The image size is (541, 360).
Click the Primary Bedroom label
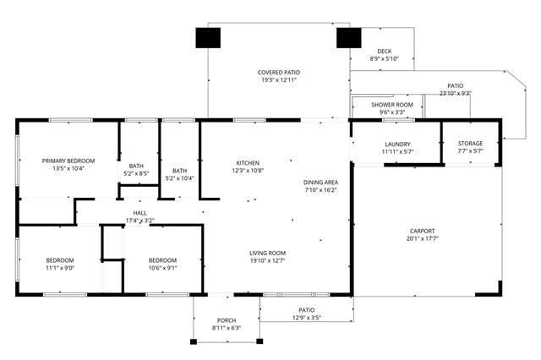[x=68, y=161]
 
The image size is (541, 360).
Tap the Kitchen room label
[x=248, y=163]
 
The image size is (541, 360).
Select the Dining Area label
[x=320, y=183]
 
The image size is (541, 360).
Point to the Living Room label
[x=267, y=254]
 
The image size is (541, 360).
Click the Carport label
[x=423, y=231]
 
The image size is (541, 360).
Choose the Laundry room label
[x=397, y=145]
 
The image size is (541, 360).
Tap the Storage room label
[x=470, y=144]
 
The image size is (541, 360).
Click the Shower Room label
[x=392, y=105]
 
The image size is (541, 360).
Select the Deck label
[x=385, y=52]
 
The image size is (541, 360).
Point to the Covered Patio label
[x=279, y=73]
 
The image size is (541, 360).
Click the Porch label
[x=227, y=320]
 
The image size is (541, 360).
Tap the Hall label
[x=139, y=213]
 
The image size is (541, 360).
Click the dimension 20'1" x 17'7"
[x=423, y=238]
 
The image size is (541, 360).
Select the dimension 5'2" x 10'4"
[x=179, y=178]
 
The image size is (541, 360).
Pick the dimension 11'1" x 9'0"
[x=60, y=268]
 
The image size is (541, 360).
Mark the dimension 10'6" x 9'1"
[x=162, y=268]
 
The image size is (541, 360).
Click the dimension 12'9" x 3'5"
[x=306, y=318]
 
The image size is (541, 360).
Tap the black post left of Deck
[x=349, y=38]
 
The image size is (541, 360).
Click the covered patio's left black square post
[x=208, y=38]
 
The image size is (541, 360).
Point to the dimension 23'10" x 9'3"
[x=455, y=93]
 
